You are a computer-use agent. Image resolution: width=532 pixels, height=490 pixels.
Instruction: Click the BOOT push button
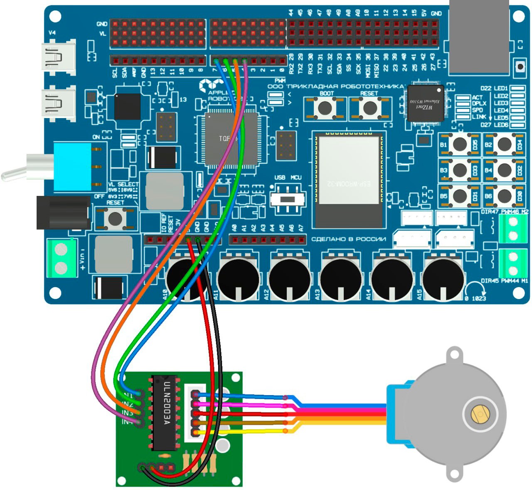325,107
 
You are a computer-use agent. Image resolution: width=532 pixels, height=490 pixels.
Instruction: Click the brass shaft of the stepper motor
479,414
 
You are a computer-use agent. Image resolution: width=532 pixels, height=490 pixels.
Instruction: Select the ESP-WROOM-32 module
348,179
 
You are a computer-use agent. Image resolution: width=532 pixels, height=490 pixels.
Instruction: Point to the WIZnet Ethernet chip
425,103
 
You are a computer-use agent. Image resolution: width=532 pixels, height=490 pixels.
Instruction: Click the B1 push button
460,144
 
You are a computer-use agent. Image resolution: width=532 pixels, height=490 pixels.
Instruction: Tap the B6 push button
504,195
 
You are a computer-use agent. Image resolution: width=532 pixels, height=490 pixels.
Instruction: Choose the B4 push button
504,170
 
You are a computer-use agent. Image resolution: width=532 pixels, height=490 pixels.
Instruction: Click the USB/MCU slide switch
287,199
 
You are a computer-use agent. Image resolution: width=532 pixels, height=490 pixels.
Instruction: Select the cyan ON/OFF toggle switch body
73,166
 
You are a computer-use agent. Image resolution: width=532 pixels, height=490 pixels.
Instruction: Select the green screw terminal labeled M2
513,229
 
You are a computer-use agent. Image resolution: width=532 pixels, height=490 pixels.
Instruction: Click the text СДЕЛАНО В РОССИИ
348,240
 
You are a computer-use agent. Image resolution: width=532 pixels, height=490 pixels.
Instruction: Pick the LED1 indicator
517,88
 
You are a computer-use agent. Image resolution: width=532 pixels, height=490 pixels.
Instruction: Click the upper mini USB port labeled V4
59,57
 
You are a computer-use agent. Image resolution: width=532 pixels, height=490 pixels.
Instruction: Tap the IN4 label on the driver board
127,422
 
